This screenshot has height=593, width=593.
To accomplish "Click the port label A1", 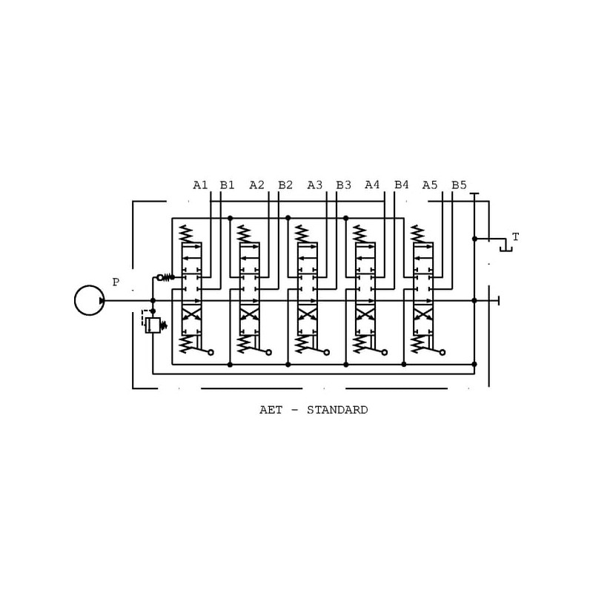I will pyautogui.click(x=201, y=185).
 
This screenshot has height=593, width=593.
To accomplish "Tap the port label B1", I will pyautogui.click(x=228, y=185).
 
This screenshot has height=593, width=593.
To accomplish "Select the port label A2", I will pyautogui.click(x=257, y=185).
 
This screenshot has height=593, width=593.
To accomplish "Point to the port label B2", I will pyautogui.click(x=285, y=185).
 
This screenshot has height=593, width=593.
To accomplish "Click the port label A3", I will pyautogui.click(x=315, y=185).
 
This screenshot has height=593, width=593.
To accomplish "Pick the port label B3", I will pyautogui.click(x=343, y=185).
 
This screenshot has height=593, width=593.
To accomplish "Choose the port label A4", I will pyautogui.click(x=373, y=185).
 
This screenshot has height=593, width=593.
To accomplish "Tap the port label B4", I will pyautogui.click(x=402, y=185).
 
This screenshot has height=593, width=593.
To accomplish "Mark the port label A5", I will pyautogui.click(x=431, y=185).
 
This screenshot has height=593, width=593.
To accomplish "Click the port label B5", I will pyautogui.click(x=460, y=185).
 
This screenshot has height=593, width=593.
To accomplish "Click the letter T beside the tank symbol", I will pyautogui.click(x=515, y=237).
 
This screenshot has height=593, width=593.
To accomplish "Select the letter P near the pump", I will pyautogui.click(x=116, y=282).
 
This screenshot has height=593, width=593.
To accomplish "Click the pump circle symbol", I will pyautogui.click(x=90, y=300).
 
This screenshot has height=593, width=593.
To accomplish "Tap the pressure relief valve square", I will pyautogui.click(x=153, y=325).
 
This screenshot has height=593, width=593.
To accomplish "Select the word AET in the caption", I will pyautogui.click(x=270, y=410).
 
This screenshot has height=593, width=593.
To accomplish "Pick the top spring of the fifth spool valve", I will pyautogui.click(x=417, y=233).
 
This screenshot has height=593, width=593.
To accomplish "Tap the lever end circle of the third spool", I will pyautogui.click(x=326, y=353).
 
